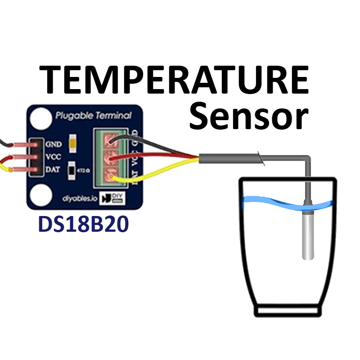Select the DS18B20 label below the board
click(x=81, y=224)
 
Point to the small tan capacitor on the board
click(x=72, y=143)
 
